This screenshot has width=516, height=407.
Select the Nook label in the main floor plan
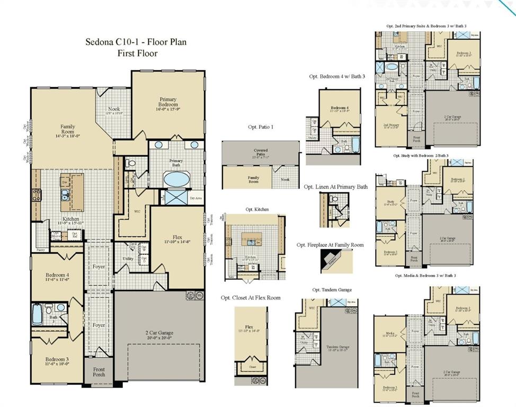tap(114, 109)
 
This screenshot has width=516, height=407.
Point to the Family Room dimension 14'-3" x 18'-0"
tap(67, 136)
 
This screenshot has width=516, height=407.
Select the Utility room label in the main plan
tap(128, 259)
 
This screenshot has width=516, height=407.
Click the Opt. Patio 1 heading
tap(261, 127)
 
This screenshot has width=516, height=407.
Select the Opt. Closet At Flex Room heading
tap(251, 298)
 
